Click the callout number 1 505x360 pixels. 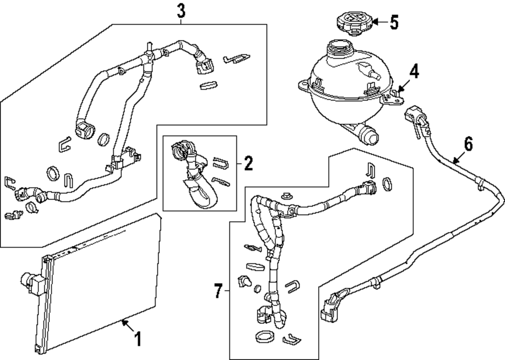tap(136, 338)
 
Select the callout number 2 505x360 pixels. tap(247, 163)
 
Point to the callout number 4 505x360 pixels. tap(414, 71)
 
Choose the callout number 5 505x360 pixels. tap(394, 22)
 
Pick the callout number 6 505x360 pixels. tap(468, 145)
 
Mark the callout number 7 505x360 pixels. tap(218, 291)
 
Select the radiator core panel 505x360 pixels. tap(101, 283)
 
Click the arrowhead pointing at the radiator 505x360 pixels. tap(122, 321)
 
